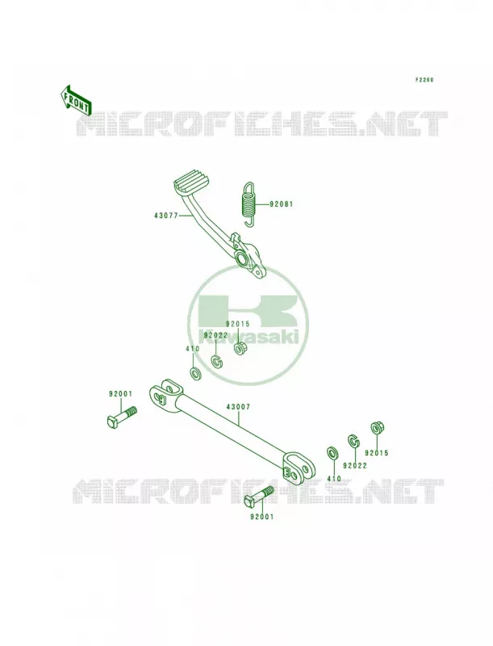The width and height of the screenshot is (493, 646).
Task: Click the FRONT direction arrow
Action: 74,100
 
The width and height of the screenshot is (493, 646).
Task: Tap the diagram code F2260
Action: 424,80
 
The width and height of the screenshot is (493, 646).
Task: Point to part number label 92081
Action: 282,203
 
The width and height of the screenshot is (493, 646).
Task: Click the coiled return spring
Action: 249,204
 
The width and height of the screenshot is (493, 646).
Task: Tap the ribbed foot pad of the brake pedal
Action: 193,184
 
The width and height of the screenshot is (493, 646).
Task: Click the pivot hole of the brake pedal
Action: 241,259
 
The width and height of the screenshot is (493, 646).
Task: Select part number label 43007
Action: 238,407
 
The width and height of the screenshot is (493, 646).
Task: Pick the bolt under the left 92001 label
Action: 121,417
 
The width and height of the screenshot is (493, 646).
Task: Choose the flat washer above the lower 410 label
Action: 332,453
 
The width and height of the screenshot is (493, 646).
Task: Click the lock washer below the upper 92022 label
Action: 216,361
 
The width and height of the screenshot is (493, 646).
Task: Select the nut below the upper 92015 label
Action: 240,349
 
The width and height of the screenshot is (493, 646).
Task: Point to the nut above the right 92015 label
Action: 376,428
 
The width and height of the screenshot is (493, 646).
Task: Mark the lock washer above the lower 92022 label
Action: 354,441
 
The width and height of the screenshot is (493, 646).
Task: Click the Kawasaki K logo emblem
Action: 247,325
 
